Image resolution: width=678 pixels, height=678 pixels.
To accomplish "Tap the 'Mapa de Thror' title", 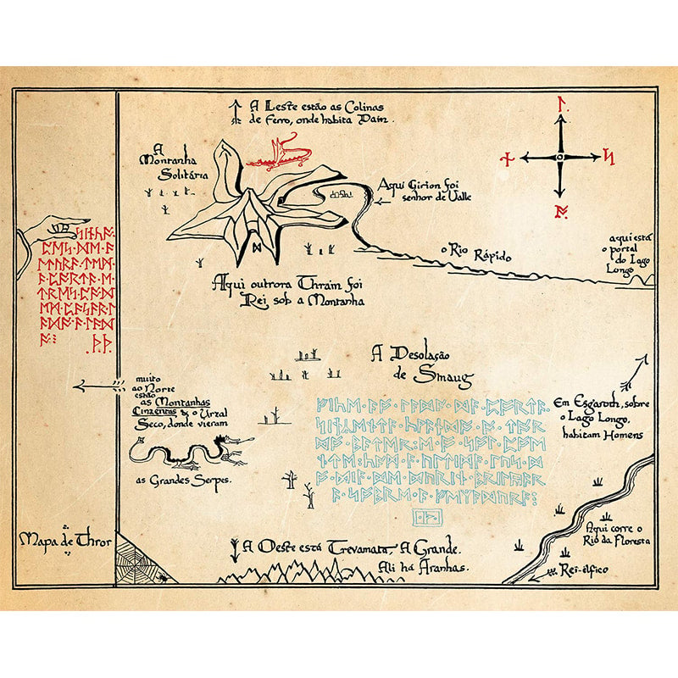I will (x=64, y=539).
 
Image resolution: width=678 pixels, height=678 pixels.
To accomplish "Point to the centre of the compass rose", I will (x=560, y=158).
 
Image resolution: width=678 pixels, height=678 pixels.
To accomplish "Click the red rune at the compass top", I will (x=560, y=105).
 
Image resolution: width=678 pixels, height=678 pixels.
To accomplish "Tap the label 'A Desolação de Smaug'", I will (x=421, y=364).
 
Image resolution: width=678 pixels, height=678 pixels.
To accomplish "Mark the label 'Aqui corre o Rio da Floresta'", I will (x=618, y=534).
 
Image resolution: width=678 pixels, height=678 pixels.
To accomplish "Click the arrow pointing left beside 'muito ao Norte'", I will (x=97, y=386).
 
